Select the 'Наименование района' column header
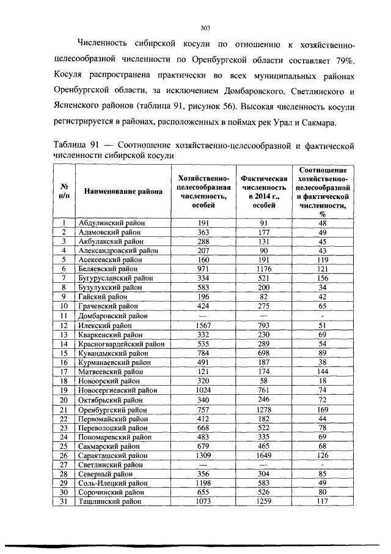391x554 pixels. coord(123,192)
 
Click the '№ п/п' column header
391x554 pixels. coord(64,192)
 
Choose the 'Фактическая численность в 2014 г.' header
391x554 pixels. coord(264,192)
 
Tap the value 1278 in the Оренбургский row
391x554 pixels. coord(264,410)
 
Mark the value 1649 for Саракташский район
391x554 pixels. coord(264,456)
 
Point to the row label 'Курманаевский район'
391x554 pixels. coord(114,362)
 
